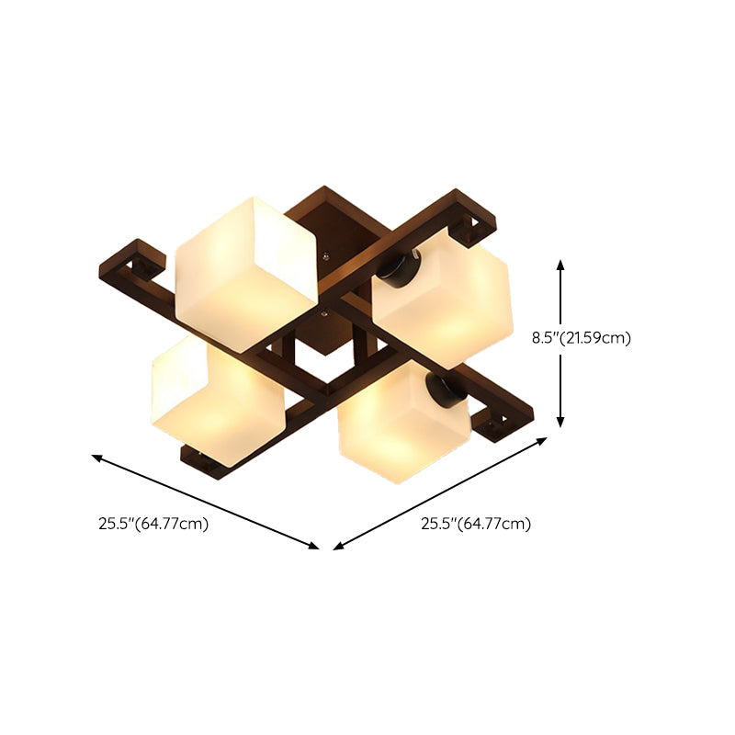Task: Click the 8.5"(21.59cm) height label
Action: point(582,337)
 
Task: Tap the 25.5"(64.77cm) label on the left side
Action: point(153,525)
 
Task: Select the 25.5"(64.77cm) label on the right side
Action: point(476,525)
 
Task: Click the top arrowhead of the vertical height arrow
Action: point(561,264)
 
